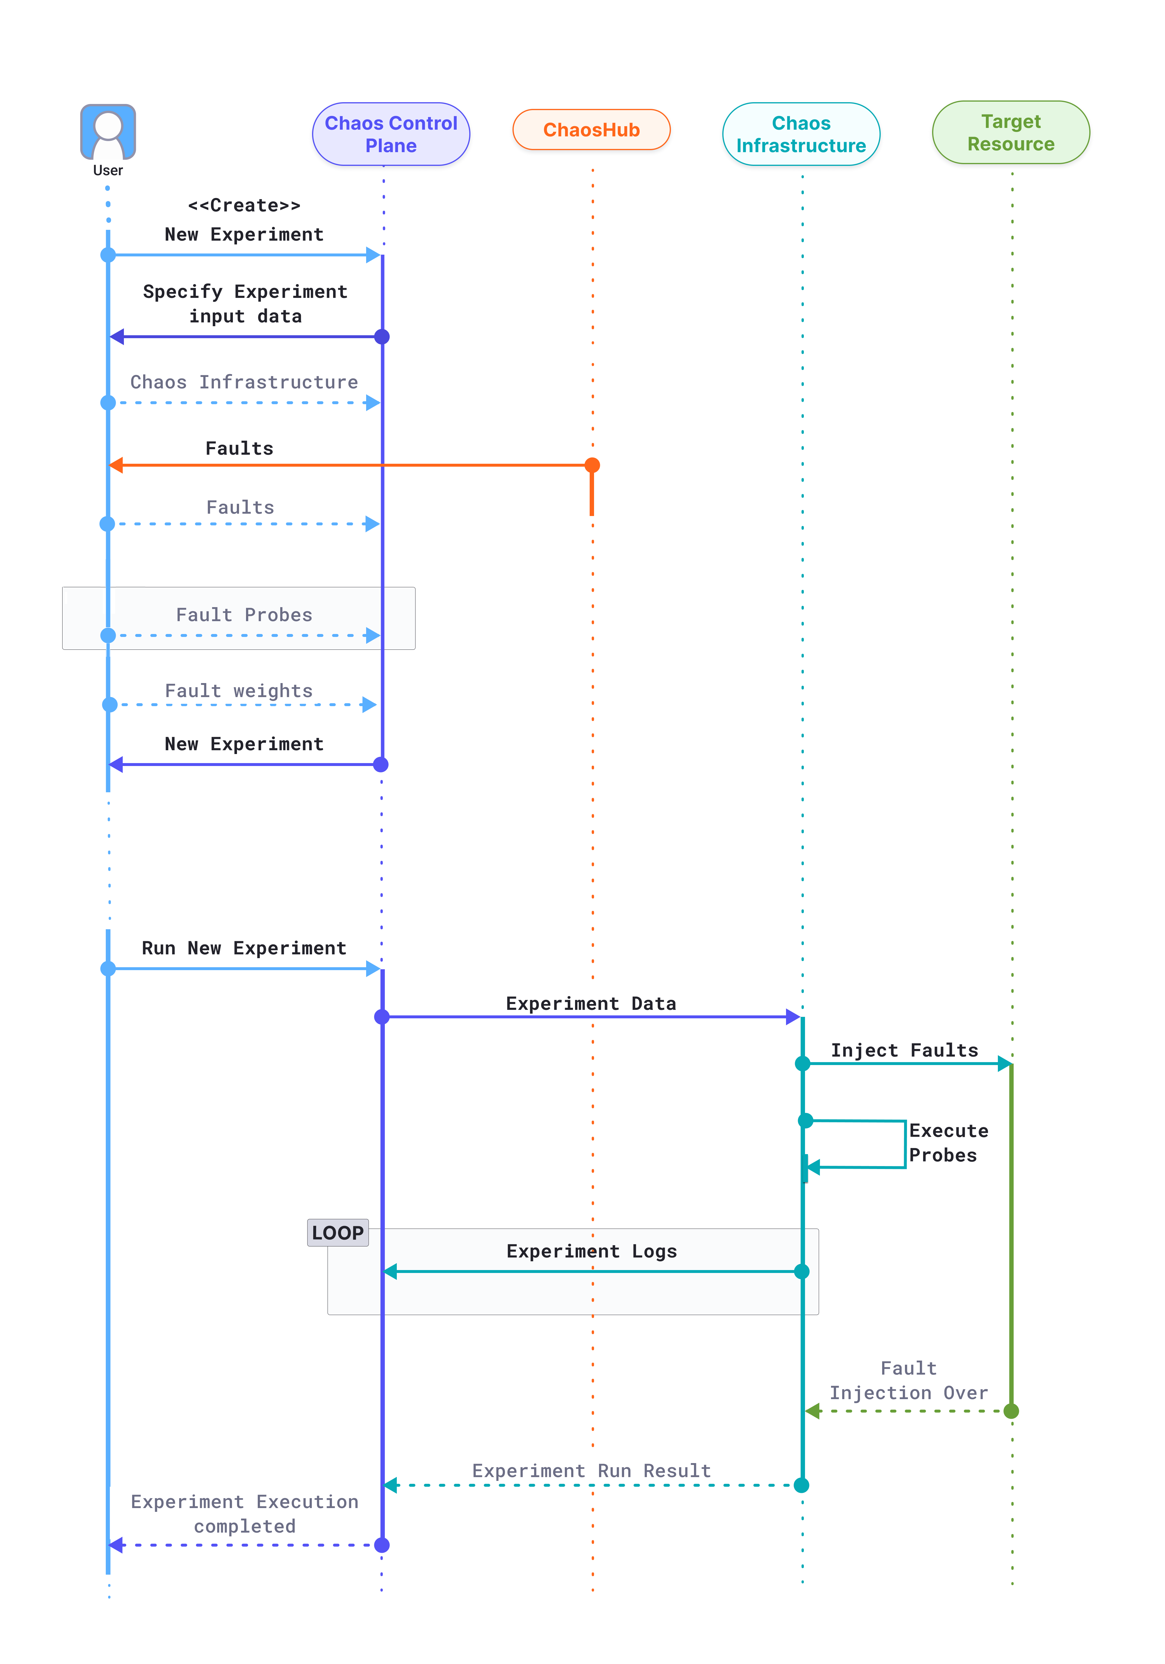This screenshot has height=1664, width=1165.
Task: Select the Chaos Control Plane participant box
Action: point(391,134)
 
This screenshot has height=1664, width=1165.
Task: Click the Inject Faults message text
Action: point(904,1050)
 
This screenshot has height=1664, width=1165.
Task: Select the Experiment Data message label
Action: point(591,1004)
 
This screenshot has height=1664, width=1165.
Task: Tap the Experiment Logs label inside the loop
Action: point(592,1252)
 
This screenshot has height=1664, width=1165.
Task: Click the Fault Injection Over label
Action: point(908,1381)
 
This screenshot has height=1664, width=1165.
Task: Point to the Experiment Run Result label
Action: point(592,1470)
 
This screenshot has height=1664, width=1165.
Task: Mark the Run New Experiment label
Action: point(244,948)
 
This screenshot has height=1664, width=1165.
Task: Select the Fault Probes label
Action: point(244,614)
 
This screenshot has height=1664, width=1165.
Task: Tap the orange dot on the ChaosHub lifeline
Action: point(592,465)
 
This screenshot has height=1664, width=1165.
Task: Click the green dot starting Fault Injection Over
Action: point(1011,1411)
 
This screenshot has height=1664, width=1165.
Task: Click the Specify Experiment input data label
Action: point(245,304)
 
